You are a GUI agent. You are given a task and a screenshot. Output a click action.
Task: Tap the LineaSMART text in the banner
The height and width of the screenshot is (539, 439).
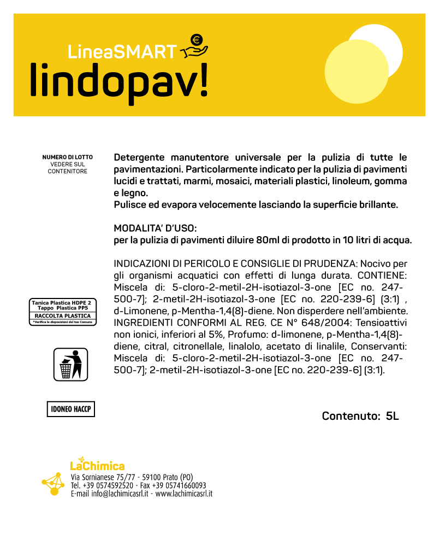click(x=122, y=51)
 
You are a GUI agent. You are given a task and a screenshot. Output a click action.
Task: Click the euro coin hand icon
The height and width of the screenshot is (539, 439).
click(x=194, y=46)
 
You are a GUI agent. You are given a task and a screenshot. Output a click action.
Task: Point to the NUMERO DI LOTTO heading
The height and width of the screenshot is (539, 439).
click(x=67, y=157)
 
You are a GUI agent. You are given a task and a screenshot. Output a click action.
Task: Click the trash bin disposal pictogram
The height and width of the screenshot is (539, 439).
click(x=70, y=364)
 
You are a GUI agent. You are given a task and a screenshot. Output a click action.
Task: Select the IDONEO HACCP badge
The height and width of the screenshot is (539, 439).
click(x=70, y=409)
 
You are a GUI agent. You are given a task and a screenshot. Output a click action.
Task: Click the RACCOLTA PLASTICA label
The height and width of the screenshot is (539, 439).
click(x=62, y=316)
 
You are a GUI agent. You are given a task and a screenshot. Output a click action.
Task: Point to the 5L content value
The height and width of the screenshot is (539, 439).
click(x=392, y=416)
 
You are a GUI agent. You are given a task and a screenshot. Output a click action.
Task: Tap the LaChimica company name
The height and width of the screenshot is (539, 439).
click(x=97, y=465)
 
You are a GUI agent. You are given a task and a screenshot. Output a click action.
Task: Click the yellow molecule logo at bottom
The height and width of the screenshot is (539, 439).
click(x=54, y=483)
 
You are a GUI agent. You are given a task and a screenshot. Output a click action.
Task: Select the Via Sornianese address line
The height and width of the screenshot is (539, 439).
click(x=132, y=477)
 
